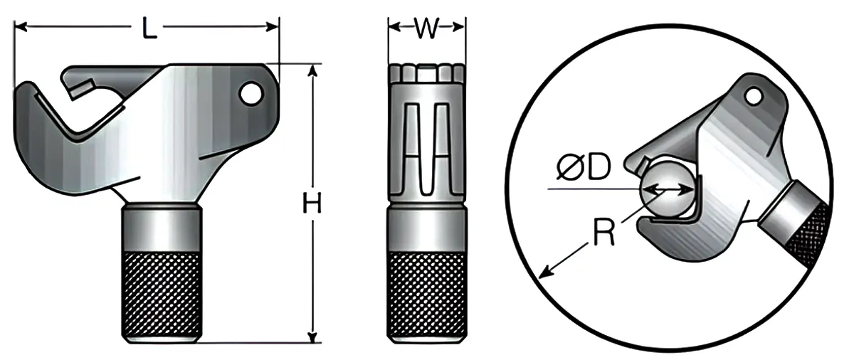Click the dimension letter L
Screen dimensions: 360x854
click(x=148, y=28)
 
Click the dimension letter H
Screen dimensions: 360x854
click(x=312, y=204)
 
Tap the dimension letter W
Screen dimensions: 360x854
click(x=426, y=28)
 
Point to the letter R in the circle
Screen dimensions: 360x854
click(x=603, y=234)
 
